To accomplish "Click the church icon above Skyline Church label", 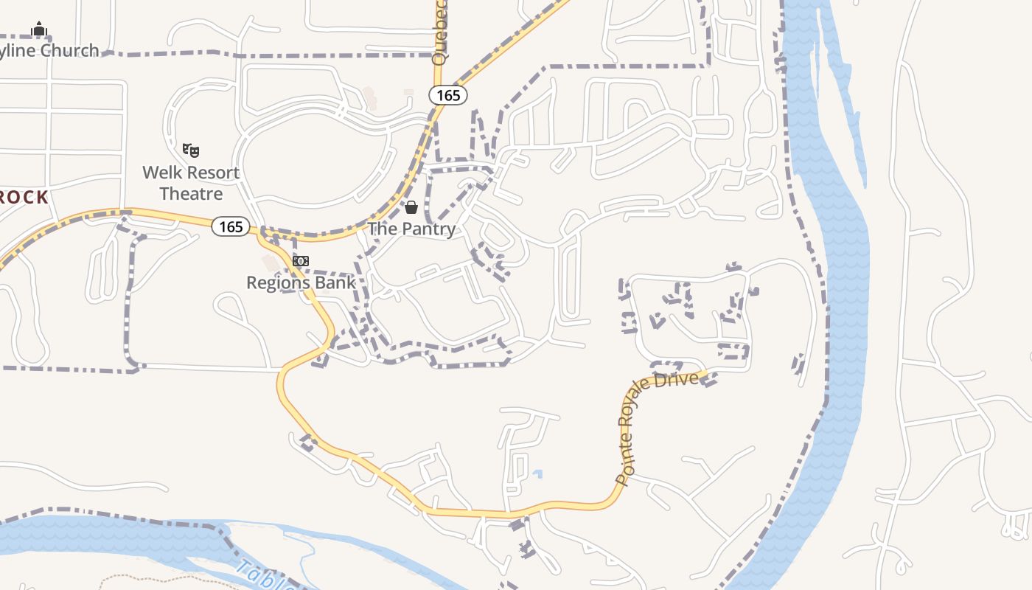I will [x=39, y=29].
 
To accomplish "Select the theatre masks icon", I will [x=191, y=150].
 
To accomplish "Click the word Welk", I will [x=161, y=173].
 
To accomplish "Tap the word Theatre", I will [x=191, y=194].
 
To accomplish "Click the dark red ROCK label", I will [x=24, y=197].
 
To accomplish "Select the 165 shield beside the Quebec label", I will [x=447, y=94].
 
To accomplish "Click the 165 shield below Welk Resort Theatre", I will [x=231, y=226].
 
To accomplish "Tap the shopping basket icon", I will [x=411, y=207].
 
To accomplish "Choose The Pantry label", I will [x=411, y=229].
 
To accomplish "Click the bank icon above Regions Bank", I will [x=300, y=261].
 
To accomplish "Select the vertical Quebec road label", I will [x=440, y=41].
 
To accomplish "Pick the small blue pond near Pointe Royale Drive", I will [x=538, y=473].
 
